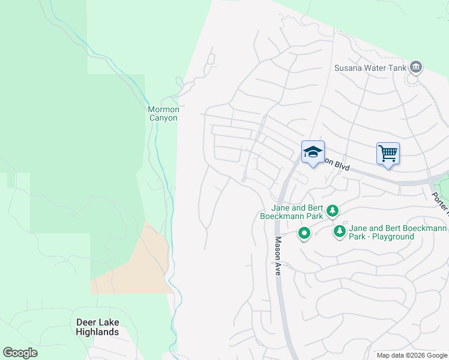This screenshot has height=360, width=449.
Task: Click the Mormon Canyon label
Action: point(163,113)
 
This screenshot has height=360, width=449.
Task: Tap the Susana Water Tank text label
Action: point(370,67)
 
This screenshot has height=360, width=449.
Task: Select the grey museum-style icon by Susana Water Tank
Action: point(415,67)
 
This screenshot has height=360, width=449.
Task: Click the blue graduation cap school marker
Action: point(313,152)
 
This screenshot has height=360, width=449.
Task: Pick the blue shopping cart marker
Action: point(388,154)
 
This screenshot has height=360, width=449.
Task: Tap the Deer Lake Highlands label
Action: point(97,327)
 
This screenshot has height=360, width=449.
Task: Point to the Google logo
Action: point(20,352)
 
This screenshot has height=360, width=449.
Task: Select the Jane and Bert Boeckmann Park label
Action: point(292,211)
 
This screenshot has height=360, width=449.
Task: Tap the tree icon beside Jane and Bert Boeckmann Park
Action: point(333,211)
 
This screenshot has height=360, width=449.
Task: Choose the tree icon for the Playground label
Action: point(340,231)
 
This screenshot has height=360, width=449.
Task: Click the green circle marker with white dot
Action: point(304,233)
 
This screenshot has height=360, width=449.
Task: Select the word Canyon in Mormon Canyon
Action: point(163,118)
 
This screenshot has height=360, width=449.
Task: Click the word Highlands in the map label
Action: point(97,332)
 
